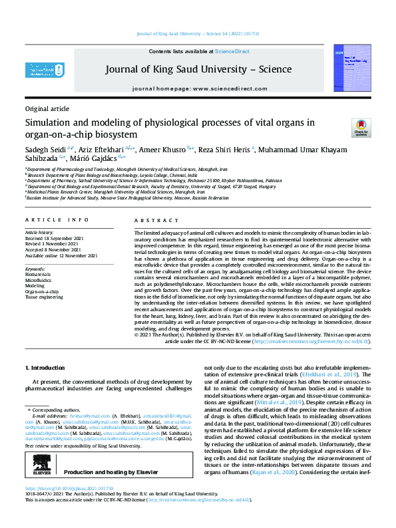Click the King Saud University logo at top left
(x=45, y=70)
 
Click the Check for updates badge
(x=361, y=128)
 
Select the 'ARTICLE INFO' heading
(x=57, y=219)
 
